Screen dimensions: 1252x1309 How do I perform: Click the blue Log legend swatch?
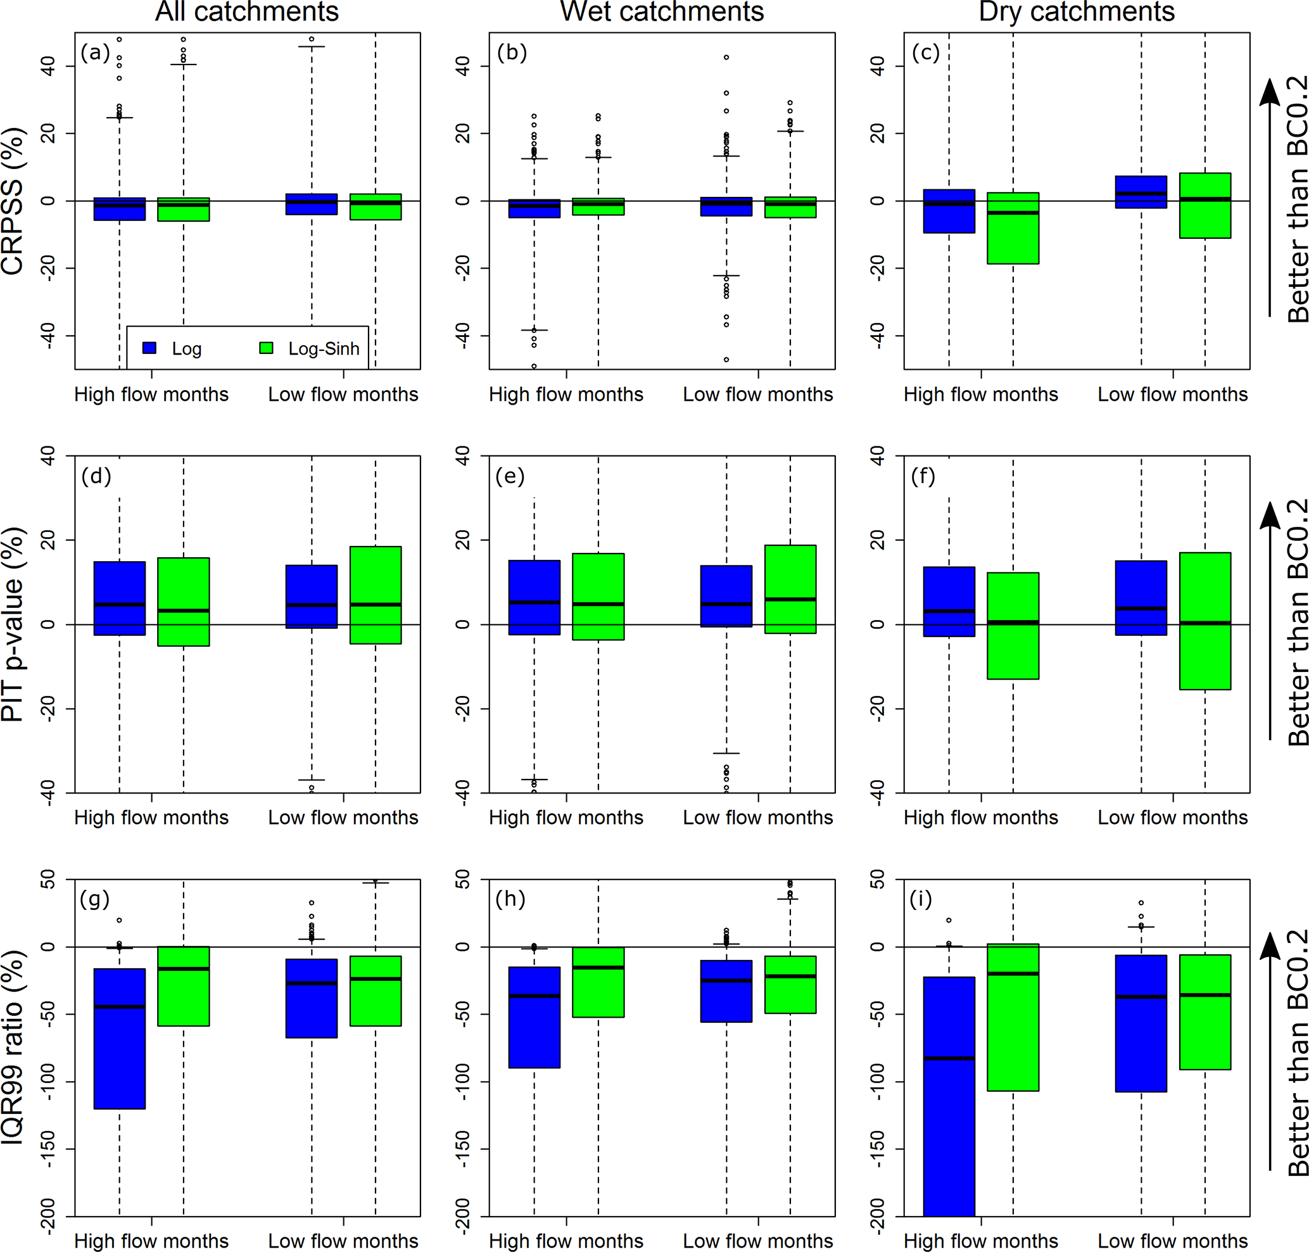(x=149, y=348)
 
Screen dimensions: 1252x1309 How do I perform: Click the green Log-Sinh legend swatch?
(x=266, y=348)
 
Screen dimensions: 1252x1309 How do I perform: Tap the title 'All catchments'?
(x=247, y=12)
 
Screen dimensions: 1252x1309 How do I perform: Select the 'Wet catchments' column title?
(x=662, y=12)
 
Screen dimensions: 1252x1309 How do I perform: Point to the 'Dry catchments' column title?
(x=1076, y=12)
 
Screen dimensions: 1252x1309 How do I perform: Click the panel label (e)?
(x=510, y=476)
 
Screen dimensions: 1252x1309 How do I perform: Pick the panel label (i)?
(x=921, y=900)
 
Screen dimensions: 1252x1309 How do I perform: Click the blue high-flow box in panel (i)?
(x=949, y=1094)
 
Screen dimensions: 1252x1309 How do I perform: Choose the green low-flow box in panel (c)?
(x=1205, y=206)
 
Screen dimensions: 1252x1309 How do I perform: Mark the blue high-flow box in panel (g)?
(x=120, y=1039)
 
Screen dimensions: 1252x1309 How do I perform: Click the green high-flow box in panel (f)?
(x=1013, y=625)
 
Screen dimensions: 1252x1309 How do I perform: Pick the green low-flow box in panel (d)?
(x=375, y=595)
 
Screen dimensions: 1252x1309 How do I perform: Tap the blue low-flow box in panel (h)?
(x=726, y=991)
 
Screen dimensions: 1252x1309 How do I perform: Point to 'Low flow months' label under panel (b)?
(x=757, y=395)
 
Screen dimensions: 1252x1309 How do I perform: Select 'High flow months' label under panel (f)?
(x=980, y=818)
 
